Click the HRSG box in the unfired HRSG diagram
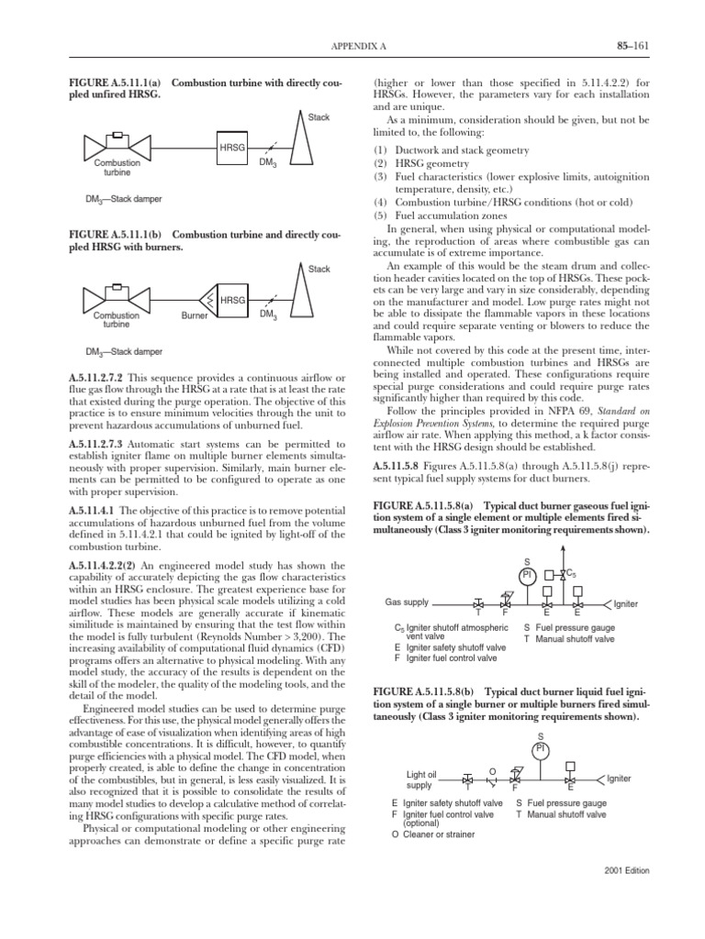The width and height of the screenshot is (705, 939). click(x=230, y=147)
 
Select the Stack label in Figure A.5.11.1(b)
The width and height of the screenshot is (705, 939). click(x=319, y=269)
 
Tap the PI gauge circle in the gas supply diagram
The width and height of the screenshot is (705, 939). click(x=527, y=575)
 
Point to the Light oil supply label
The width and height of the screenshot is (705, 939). click(x=419, y=779)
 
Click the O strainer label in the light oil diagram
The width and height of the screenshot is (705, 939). click(x=492, y=770)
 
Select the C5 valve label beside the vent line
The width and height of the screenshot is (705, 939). click(x=571, y=573)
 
